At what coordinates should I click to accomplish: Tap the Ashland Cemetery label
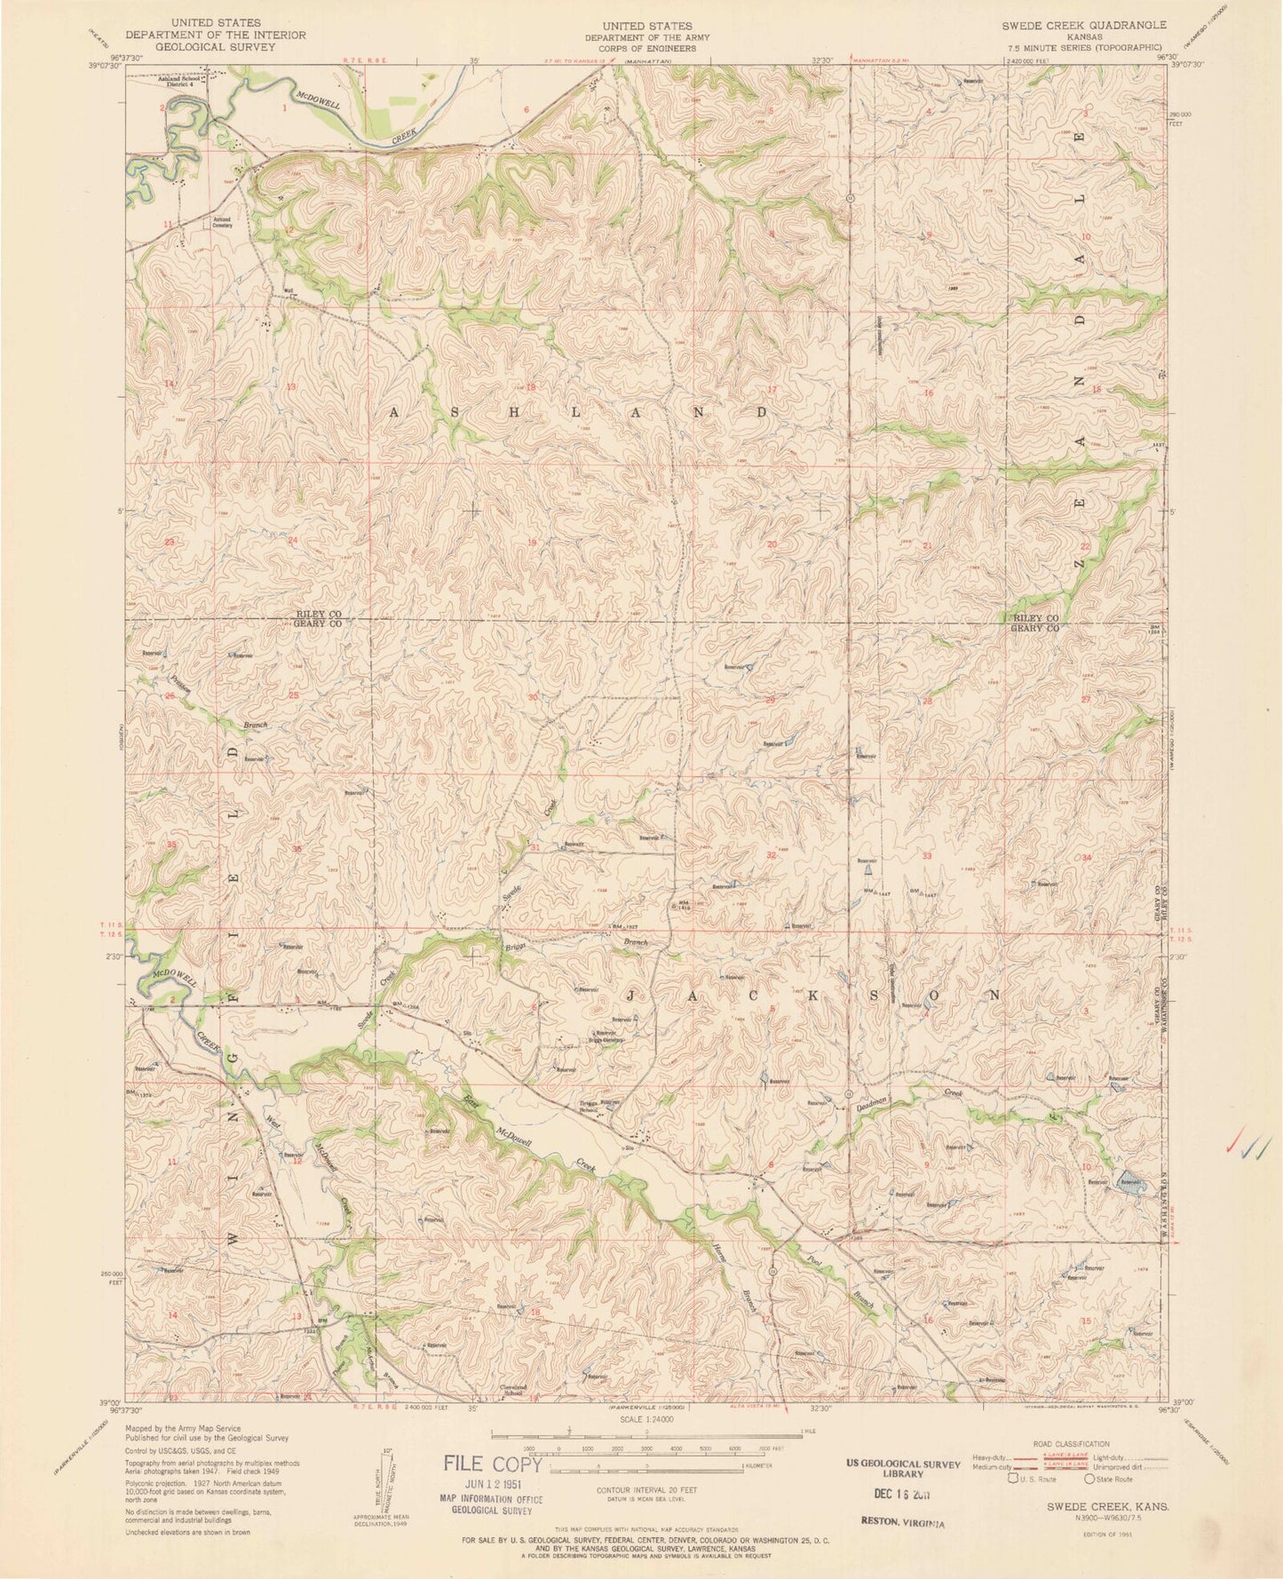[220, 222]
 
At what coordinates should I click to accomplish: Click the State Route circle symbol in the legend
[1090, 1480]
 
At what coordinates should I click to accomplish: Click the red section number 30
[533, 697]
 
